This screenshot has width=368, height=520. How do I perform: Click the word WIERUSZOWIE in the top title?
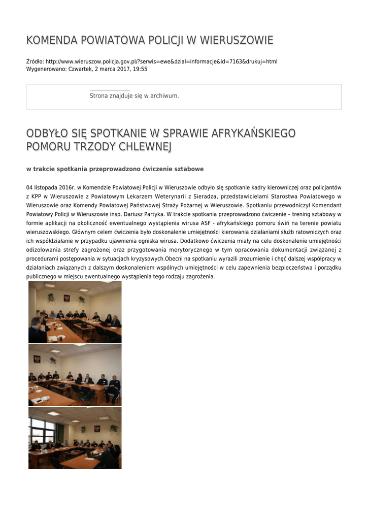pos(237,41)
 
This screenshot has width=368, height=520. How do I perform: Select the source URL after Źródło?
pos(161,62)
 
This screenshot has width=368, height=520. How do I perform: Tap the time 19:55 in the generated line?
pos(140,69)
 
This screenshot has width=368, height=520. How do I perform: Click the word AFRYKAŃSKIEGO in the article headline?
pos(253,134)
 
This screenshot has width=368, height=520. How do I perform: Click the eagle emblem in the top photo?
pos(66,299)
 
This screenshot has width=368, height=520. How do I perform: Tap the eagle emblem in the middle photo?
pos(37,360)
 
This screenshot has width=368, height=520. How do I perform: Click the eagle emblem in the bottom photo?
pos(97,429)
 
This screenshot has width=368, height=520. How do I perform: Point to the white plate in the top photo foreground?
pos(53,338)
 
